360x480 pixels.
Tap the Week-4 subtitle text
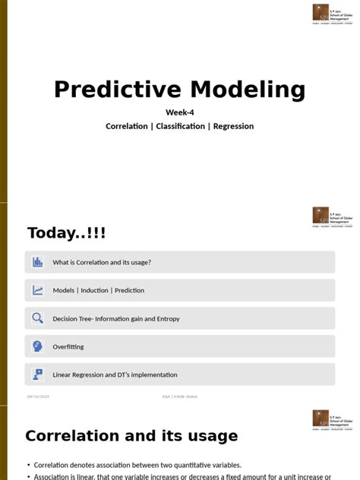point(180,112)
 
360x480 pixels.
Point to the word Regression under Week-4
point(233,126)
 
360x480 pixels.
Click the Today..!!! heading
point(67,233)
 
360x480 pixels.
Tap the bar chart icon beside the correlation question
point(38,262)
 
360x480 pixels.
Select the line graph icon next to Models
point(38,290)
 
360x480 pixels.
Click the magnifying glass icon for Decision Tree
point(38,318)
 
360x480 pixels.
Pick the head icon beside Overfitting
point(38,346)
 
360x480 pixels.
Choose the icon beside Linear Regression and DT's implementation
point(38,374)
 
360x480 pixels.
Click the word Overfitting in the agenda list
point(68,346)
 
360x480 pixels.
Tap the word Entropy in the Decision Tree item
point(168,319)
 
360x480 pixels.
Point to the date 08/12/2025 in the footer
point(38,396)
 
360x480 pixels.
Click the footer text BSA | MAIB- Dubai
point(179,396)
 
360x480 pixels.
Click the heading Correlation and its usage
point(131,436)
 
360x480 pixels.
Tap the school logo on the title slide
point(332,14)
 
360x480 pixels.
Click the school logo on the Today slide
point(332,216)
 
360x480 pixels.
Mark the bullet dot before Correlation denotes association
point(28,465)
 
